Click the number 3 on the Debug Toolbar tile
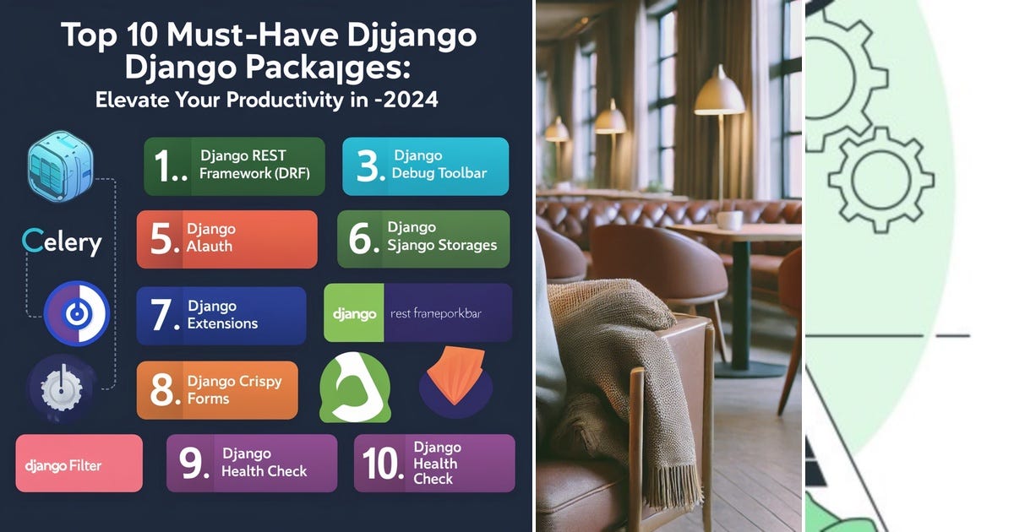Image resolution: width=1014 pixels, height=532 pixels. pyautogui.click(x=370, y=167)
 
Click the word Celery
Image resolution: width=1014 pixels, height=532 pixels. pyautogui.click(x=62, y=242)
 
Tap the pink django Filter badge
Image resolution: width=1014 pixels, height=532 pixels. pyautogui.click(x=79, y=464)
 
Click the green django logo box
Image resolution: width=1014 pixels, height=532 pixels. pyautogui.click(x=354, y=313)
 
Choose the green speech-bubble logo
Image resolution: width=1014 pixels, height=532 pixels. pyautogui.click(x=354, y=388)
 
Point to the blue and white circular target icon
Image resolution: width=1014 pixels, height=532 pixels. pyautogui.click(x=77, y=314)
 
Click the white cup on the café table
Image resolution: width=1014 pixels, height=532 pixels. pyautogui.click(x=729, y=220)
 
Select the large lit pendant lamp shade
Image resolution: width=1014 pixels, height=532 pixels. pyautogui.click(x=719, y=95)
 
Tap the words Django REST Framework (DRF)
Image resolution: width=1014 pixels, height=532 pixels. pyautogui.click(x=254, y=165)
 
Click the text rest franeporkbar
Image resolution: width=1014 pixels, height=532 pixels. pyautogui.click(x=436, y=313)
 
